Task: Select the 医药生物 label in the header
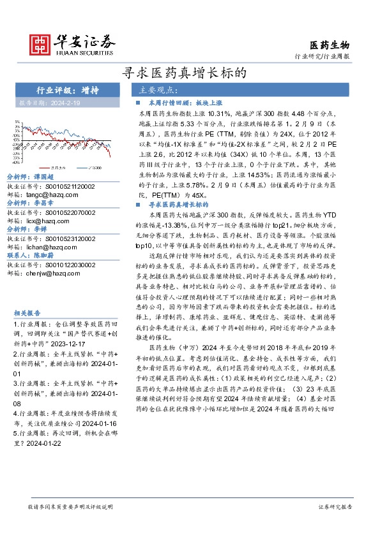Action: point(330,45)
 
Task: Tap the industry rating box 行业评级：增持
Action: point(63,91)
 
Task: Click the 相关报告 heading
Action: point(27,313)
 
